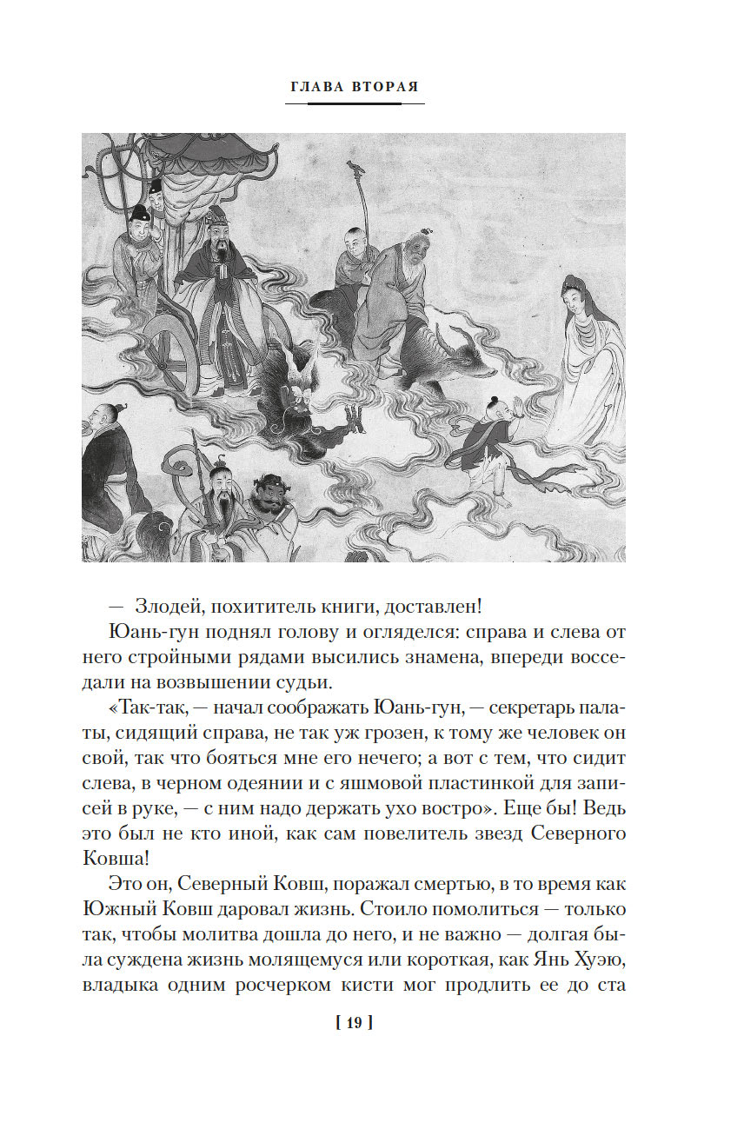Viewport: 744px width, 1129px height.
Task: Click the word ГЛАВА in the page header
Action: click(317, 87)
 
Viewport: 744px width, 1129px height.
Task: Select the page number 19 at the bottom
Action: click(354, 1023)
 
